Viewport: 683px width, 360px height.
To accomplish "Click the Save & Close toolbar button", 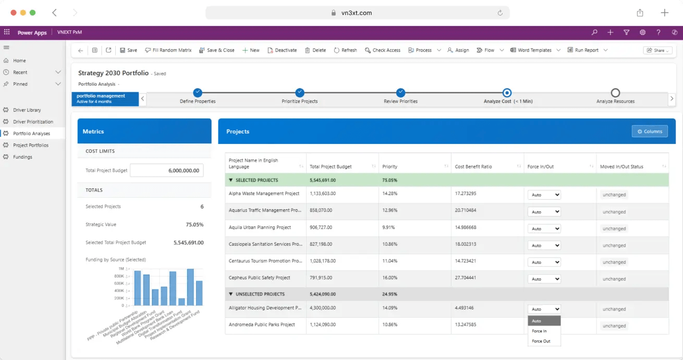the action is coord(217,50).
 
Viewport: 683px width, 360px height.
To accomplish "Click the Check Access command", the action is coord(383,50).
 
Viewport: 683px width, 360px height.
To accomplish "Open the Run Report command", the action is coord(583,50).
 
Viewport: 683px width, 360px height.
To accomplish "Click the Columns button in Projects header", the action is coord(650,131).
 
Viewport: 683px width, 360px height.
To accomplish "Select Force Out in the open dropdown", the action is coord(541,341).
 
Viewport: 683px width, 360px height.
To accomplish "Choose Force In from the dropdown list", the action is coord(539,331).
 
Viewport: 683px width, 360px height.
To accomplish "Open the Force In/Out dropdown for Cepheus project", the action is coord(544,279).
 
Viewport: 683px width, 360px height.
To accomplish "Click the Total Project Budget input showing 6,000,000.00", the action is coord(166,170).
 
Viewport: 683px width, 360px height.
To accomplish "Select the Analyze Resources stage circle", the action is coord(615,93).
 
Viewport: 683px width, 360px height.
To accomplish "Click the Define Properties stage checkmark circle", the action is coord(198,92).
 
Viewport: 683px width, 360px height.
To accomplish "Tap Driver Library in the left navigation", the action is coord(27,110).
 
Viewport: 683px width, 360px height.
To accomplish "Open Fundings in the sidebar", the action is coord(22,157).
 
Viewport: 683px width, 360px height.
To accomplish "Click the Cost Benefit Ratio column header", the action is coord(473,166).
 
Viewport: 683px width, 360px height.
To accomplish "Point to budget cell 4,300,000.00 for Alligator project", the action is coord(323,308).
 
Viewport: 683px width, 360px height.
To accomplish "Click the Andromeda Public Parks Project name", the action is coord(262,325).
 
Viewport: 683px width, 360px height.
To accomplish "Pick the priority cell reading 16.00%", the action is coord(389,278).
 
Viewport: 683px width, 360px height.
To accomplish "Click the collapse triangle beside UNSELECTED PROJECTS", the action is coord(230,294).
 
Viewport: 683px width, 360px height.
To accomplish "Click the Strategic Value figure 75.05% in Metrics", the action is coord(194,224).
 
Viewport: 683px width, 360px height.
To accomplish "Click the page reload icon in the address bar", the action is coord(500,13).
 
